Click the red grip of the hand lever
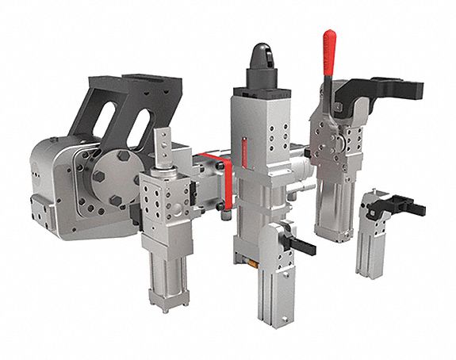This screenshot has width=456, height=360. click(x=328, y=56)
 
